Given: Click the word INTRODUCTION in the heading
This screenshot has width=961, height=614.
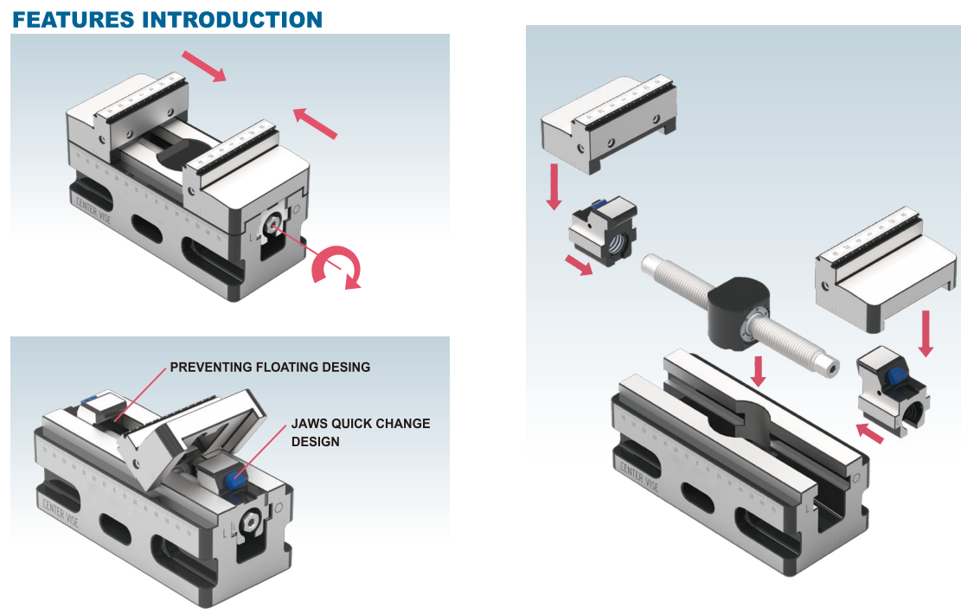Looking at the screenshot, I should (x=239, y=18).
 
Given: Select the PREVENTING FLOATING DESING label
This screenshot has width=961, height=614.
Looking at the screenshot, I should (x=270, y=368).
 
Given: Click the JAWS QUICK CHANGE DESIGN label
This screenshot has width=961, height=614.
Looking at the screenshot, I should (x=360, y=432).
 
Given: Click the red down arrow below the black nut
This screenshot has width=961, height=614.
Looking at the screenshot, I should (x=759, y=370).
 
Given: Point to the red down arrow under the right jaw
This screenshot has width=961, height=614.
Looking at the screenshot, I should (x=926, y=333).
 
